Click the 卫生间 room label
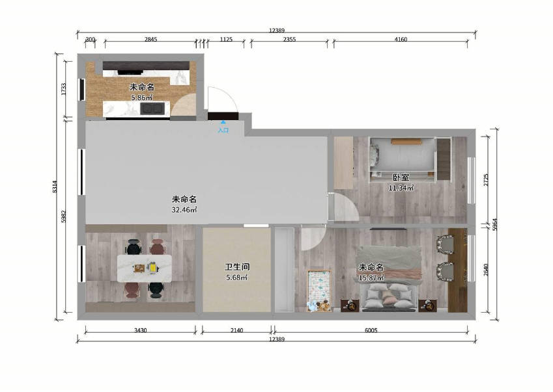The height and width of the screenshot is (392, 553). pos(237,267)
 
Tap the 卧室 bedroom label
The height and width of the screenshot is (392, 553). pos(401,177)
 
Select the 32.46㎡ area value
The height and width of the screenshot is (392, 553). pos(184,210)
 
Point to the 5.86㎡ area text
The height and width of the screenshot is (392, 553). pos(142,98)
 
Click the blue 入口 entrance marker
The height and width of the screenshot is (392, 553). pos(223,127)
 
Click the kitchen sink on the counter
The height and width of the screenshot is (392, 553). pos(152,109)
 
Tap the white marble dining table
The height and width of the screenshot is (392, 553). pos(145,268)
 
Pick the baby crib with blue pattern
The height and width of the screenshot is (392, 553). pos(319,291)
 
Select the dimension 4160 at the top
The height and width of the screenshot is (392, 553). pos(401,40)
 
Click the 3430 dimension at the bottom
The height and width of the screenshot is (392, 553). pos(140,330)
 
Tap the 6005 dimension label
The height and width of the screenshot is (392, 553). pos(371,330)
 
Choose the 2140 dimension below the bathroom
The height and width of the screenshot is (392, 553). pos(236,330)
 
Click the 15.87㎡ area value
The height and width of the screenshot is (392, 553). pos(371,278)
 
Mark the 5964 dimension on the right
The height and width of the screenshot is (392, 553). pos(495,224)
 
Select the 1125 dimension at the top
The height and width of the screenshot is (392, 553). pos(226,40)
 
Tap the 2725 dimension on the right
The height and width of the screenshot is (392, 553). pos(486,180)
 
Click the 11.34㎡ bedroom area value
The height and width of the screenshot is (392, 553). pos(401,189)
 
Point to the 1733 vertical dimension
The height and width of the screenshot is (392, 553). pos(63,89)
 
